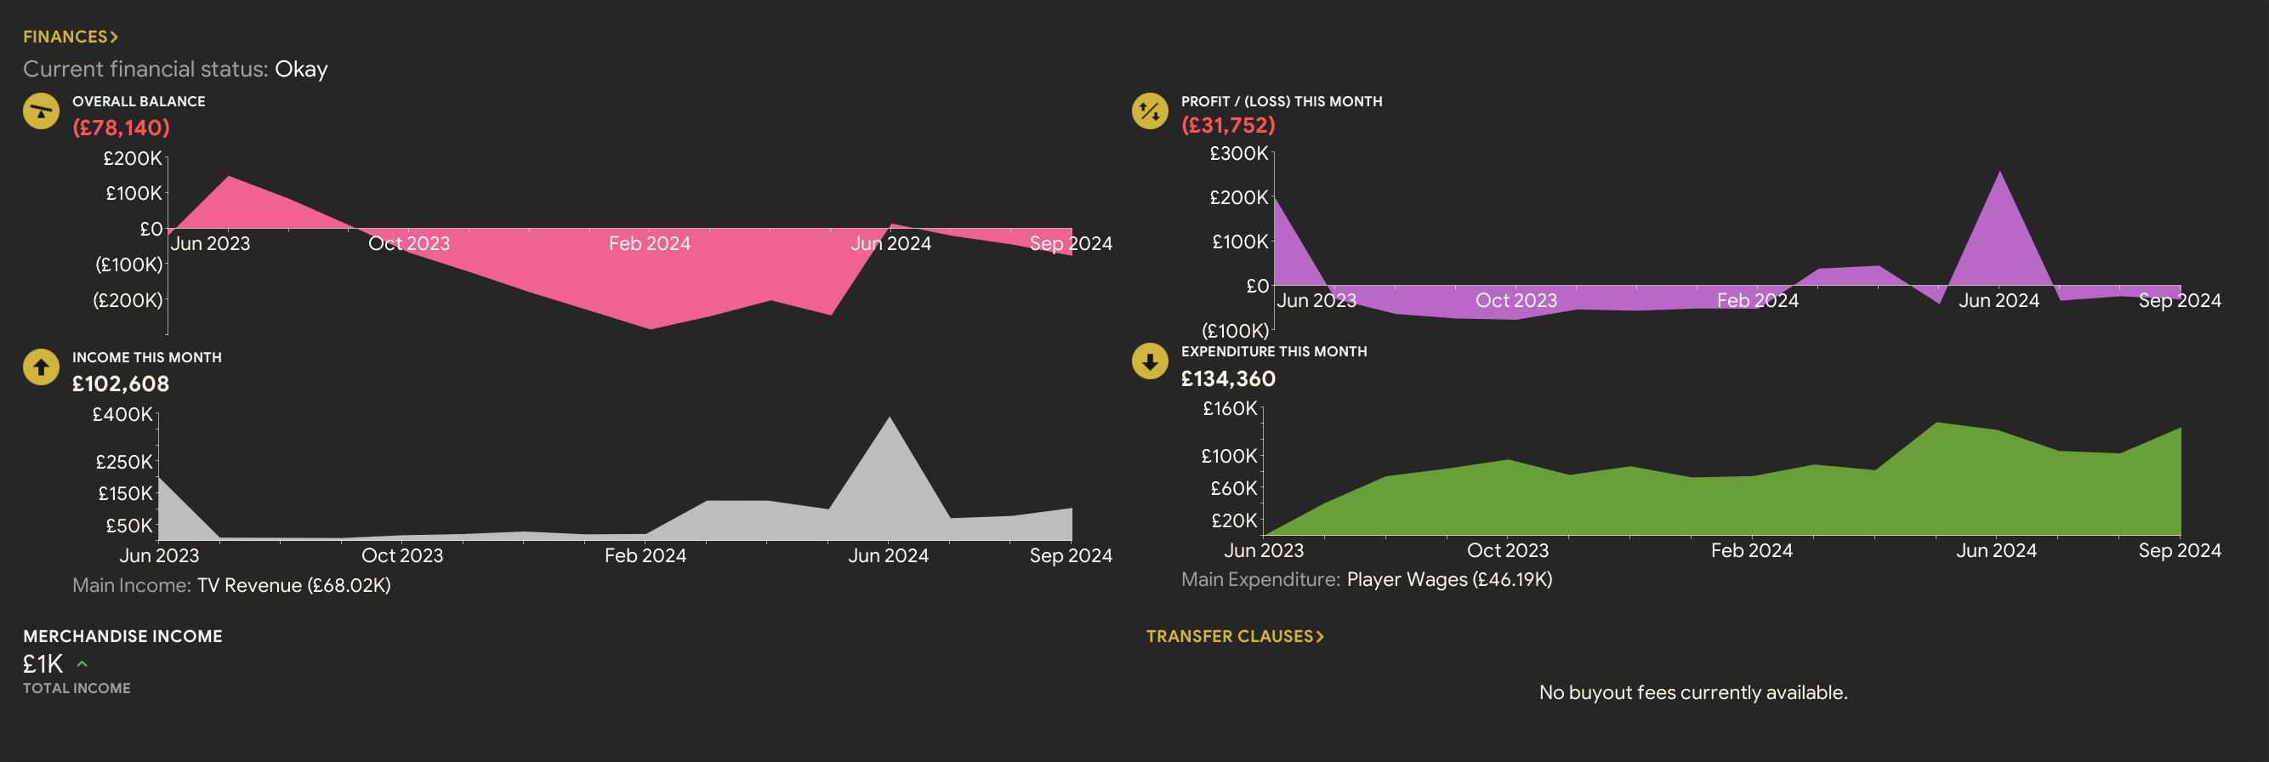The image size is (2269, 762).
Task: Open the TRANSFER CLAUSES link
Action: tap(1234, 636)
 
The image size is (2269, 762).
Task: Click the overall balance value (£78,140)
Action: tap(121, 128)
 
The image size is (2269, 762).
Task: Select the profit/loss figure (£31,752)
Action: tap(1228, 125)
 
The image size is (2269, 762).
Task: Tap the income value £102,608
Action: tap(121, 384)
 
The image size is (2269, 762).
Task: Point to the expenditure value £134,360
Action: tap(1228, 378)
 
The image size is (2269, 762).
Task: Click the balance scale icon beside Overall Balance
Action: tap(41, 112)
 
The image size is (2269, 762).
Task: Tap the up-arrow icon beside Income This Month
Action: tap(41, 367)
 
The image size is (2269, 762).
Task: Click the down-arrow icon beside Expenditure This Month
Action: tap(1150, 361)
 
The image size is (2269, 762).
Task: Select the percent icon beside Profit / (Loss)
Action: tap(1150, 111)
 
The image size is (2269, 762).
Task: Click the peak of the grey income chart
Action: tap(890, 418)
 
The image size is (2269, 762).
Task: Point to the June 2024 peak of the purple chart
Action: tap(1999, 172)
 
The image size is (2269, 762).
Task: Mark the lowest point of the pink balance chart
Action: tap(650, 328)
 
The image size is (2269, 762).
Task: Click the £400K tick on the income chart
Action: tap(122, 414)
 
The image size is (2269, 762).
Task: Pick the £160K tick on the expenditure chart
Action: tap(1230, 409)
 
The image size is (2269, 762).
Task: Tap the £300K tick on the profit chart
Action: tap(1238, 153)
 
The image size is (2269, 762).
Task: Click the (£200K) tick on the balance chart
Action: tap(128, 300)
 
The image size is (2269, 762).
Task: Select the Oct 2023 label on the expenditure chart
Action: tap(1507, 550)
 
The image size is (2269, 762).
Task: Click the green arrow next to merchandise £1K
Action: tap(82, 664)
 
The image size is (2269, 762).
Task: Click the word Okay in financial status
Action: tap(301, 69)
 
